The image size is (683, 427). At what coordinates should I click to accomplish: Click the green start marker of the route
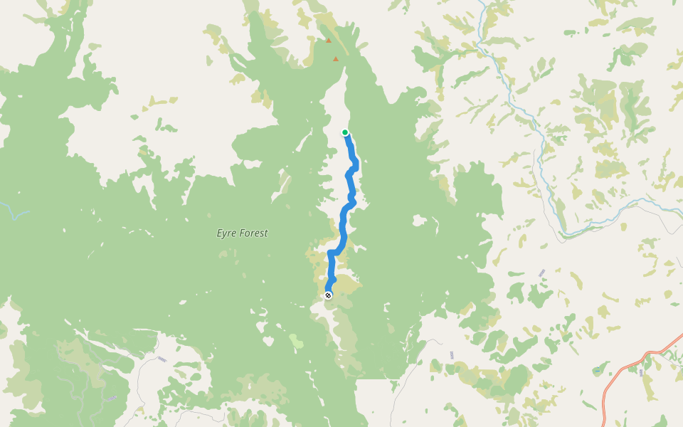tap(345, 132)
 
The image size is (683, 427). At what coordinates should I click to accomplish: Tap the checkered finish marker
tap(328, 295)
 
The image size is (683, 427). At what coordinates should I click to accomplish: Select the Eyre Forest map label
tap(242, 233)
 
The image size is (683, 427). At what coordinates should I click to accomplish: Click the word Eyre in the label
tap(226, 233)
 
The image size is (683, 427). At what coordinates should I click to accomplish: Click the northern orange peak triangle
tap(328, 41)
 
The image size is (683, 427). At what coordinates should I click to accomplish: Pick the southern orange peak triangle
tap(336, 59)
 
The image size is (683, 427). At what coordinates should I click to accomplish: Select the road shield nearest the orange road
tap(640, 371)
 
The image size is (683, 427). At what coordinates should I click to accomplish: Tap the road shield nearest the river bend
tap(542, 273)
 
